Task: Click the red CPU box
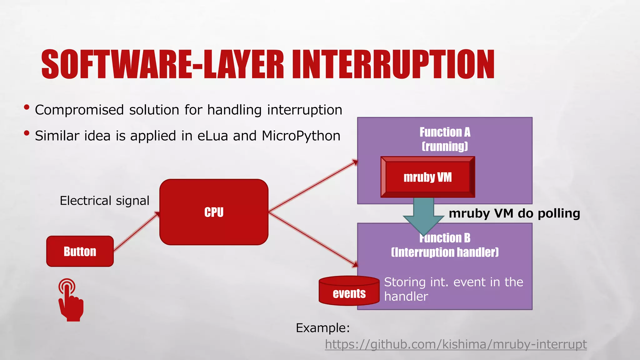pos(214,212)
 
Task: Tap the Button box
pos(80,251)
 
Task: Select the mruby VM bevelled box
pos(427,177)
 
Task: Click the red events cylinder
pos(349,291)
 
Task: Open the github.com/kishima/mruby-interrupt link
pos(456,344)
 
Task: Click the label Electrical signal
pos(104,201)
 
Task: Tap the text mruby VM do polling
pos(514,213)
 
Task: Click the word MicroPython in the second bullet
pos(301,136)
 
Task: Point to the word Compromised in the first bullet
pos(79,110)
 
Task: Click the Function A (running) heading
pos(445,139)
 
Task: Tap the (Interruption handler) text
pos(445,252)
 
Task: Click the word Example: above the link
pos(322,328)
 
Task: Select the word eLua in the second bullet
pos(212,136)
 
